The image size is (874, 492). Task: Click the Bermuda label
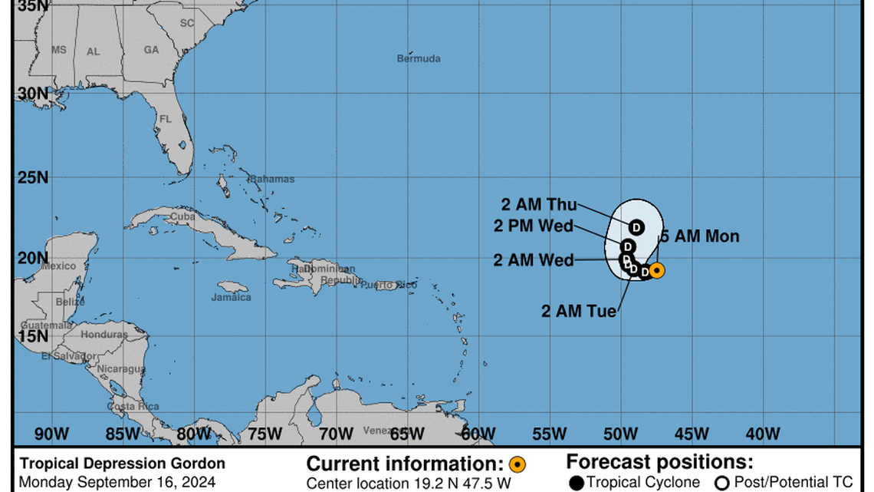(x=419, y=58)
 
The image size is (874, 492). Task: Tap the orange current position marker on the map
(x=657, y=270)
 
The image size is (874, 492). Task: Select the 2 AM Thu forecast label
(x=539, y=204)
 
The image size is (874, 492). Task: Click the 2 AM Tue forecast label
(x=579, y=311)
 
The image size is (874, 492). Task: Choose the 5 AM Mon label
(x=700, y=236)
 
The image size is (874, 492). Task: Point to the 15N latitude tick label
(x=32, y=336)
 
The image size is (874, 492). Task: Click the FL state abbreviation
(x=165, y=119)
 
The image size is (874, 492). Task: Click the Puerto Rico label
(x=389, y=286)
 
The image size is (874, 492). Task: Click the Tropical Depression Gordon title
(x=123, y=464)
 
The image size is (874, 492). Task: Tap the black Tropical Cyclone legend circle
(x=577, y=483)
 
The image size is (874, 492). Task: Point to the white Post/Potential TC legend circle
(x=721, y=483)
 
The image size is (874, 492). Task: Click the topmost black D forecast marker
(x=636, y=227)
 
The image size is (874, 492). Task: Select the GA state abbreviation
(x=151, y=50)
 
